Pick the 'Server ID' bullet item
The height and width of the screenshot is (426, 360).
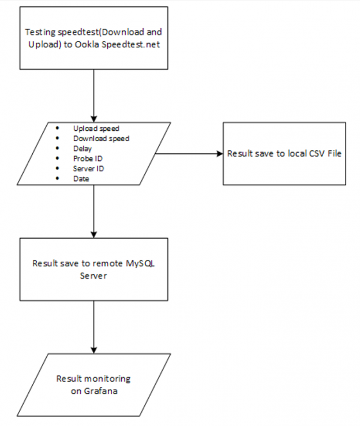click(x=88, y=168)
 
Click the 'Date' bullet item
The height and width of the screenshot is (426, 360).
click(x=81, y=179)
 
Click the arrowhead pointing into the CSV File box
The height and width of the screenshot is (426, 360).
click(x=219, y=154)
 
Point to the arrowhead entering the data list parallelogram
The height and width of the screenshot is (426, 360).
click(x=93, y=118)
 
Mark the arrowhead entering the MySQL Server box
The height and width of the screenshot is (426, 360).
click(x=93, y=233)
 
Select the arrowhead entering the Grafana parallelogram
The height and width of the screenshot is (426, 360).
click(x=93, y=349)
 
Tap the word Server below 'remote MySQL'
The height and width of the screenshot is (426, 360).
click(x=93, y=276)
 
